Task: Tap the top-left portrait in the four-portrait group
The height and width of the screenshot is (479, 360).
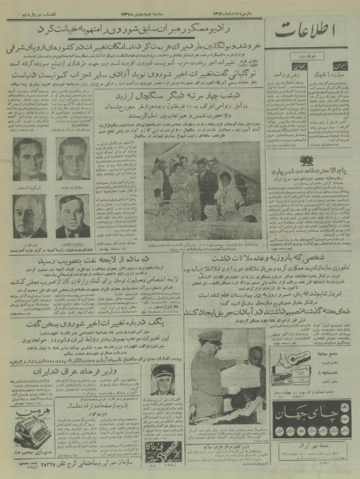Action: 29,157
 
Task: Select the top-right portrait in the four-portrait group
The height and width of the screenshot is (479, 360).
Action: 73,157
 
